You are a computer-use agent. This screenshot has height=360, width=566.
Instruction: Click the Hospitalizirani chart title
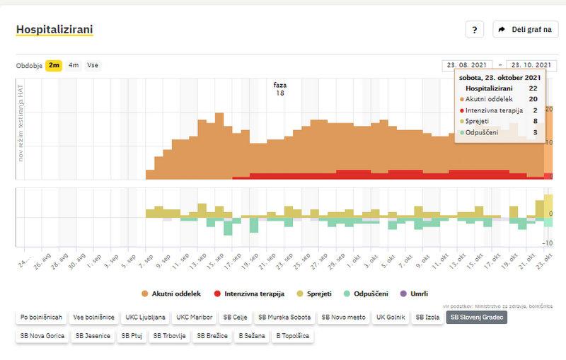tap(54, 30)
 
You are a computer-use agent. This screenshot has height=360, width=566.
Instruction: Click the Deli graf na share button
tap(526, 30)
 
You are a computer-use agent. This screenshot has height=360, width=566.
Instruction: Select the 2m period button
tap(54, 66)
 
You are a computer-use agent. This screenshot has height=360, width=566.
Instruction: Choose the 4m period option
tap(74, 66)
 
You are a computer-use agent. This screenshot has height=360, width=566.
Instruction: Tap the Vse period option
tap(93, 66)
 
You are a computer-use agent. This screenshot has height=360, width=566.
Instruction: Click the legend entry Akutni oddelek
tap(171, 293)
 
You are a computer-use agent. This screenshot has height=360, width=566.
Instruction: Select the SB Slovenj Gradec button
tap(477, 317)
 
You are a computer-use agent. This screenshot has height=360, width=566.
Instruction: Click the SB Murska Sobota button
tap(284, 317)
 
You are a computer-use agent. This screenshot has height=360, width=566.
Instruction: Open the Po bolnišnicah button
tap(41, 317)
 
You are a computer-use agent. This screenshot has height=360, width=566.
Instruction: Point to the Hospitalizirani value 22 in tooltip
tap(533, 88)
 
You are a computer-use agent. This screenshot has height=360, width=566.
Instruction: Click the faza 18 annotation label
tap(280, 88)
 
